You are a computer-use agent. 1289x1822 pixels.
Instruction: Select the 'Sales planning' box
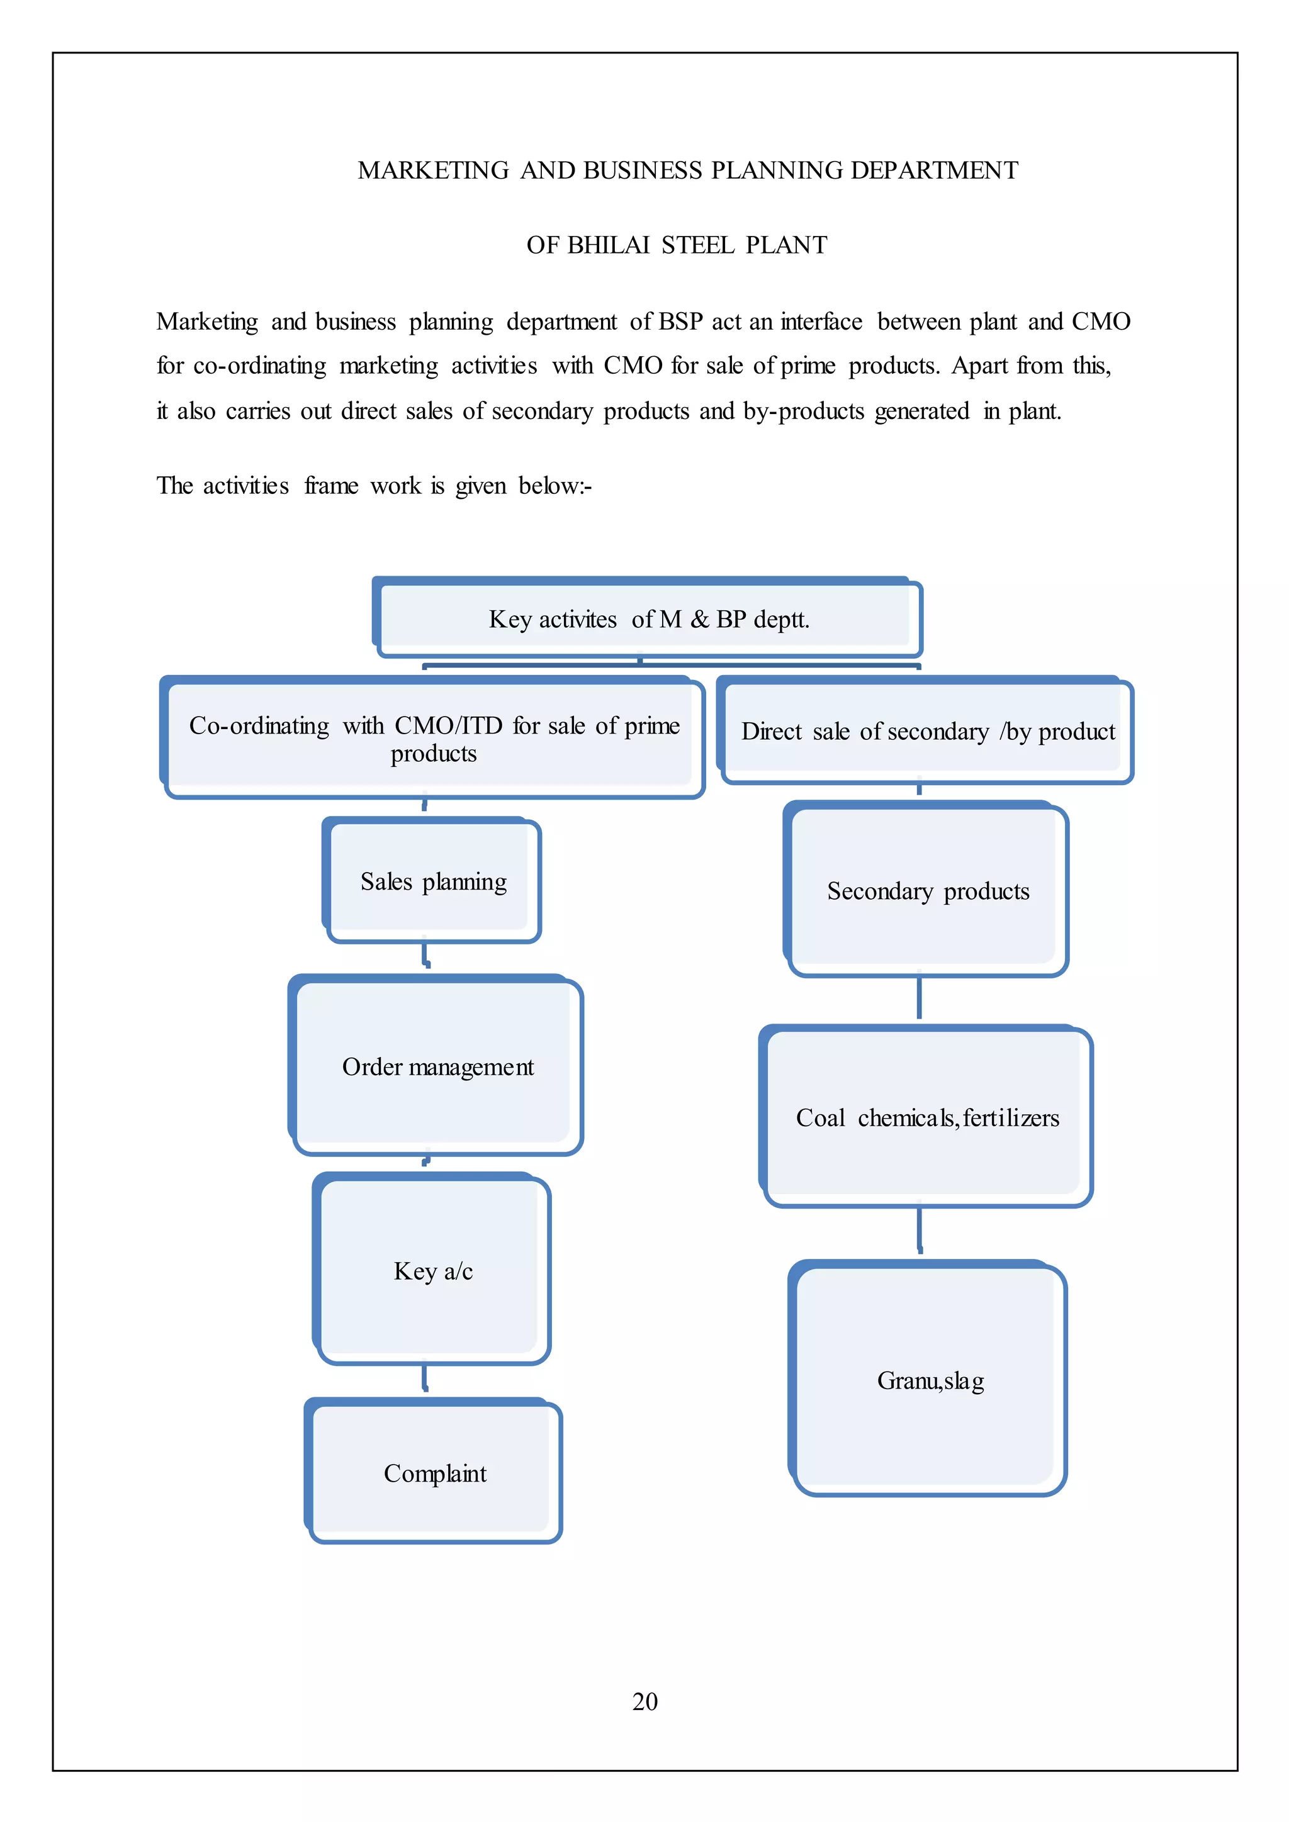pyautogui.click(x=434, y=881)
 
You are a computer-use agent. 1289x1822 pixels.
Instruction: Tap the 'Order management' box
pyautogui.click(x=437, y=1066)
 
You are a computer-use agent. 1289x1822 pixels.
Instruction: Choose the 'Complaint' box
pyautogui.click(x=435, y=1473)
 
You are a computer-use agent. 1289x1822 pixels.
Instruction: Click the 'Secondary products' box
pyautogui.click(x=928, y=891)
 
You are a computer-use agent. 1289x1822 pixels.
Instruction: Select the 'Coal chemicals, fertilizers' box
pyautogui.click(x=927, y=1117)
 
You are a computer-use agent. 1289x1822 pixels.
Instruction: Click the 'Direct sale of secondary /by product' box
pyautogui.click(x=927, y=731)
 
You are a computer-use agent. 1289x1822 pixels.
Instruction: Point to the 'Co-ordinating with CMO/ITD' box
pyautogui.click(x=434, y=739)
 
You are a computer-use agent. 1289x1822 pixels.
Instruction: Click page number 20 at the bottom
pyautogui.click(x=644, y=1701)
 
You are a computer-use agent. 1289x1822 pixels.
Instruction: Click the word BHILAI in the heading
pyautogui.click(x=609, y=245)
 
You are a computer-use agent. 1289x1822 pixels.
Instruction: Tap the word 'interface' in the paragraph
pyautogui.click(x=821, y=321)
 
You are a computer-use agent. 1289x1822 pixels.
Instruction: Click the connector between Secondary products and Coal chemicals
pyautogui.click(x=919, y=998)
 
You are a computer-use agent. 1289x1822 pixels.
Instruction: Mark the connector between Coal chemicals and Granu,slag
pyautogui.click(x=919, y=1229)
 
